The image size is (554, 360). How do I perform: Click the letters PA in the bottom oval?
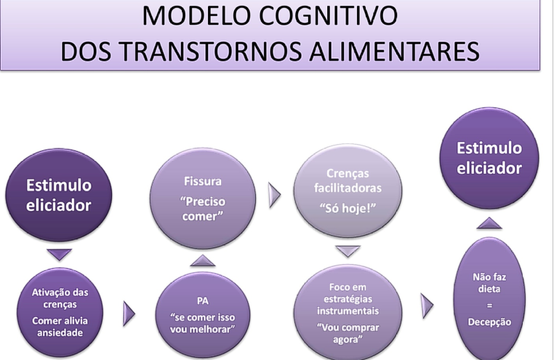pyautogui.click(x=203, y=300)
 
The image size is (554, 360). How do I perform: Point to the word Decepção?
pyautogui.click(x=489, y=321)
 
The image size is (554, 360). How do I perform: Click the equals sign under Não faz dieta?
pyautogui.click(x=489, y=305)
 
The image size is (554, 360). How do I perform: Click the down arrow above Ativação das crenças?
pyautogui.click(x=59, y=254)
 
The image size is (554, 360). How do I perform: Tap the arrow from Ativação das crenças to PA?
pyautogui.click(x=129, y=313)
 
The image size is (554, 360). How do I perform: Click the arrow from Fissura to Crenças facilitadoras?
pyautogui.click(x=274, y=194)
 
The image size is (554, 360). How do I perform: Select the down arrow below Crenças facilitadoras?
pyautogui.click(x=349, y=252)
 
